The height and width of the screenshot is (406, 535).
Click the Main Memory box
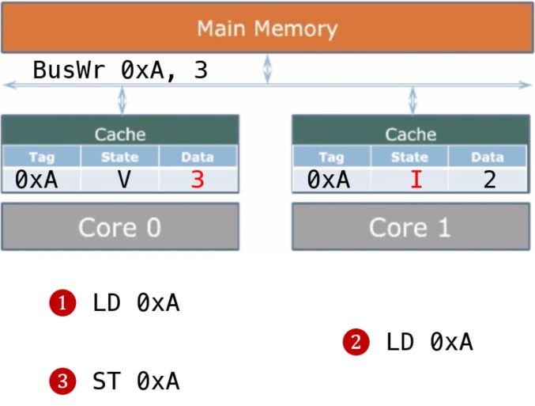pos(267,28)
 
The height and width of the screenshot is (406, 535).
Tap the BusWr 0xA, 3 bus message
pos(120,70)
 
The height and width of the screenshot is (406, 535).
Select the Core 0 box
pos(119,227)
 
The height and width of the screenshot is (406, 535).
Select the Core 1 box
pos(410,227)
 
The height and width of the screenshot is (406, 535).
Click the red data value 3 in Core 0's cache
pos(198,180)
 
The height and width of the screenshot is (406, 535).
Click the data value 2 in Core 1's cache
pos(489,180)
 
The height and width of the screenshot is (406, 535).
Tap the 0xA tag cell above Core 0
pos(36,180)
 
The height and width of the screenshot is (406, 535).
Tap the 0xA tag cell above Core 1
pos(328,180)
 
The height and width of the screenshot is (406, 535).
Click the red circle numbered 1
pos(62,302)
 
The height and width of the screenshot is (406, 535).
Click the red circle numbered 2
pos(356,342)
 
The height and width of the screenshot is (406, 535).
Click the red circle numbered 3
pos(62,382)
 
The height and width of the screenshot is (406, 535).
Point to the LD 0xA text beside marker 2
pos(429,342)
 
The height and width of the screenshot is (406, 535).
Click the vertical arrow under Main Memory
pos(268,68)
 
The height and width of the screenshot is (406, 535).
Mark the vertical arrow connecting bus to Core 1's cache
pos(411,101)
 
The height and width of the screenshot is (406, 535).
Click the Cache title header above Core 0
pos(119,134)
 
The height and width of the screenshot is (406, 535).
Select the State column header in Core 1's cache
pos(410,157)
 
